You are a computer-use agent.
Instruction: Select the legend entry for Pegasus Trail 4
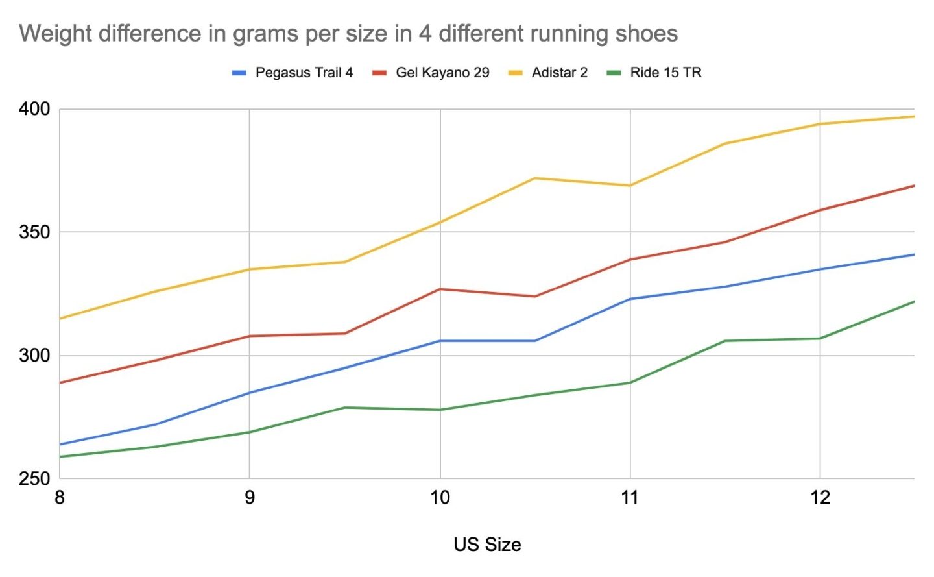coord(304,73)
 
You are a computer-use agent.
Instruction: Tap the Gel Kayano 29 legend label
coord(442,73)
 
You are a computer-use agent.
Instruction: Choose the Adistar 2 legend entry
coord(559,73)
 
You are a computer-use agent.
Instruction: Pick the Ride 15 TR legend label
coord(665,73)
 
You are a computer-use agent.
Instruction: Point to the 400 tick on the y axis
coord(34,109)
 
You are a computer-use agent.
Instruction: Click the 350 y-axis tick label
coord(34,232)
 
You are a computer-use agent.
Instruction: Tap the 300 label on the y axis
coord(34,356)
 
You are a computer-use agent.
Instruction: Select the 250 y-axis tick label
coord(34,479)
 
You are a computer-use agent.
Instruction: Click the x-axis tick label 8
coord(60,498)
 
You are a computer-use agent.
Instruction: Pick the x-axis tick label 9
coord(250,498)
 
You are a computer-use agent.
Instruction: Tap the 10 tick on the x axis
coord(440,498)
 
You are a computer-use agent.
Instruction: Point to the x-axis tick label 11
coord(630,498)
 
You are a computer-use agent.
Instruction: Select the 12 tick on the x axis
coord(820,498)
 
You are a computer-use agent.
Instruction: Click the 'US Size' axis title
coord(487,545)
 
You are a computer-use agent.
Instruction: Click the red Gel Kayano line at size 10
coord(440,289)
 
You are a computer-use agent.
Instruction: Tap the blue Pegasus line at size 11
coord(630,299)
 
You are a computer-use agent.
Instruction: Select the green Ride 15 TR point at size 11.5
coord(724,341)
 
